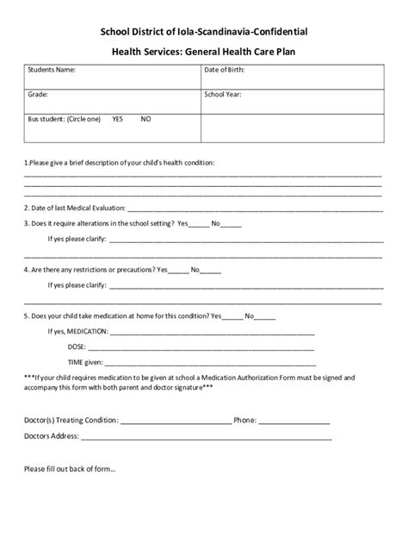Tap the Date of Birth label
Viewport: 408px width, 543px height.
[226, 69]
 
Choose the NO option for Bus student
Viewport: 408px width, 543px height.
[145, 119]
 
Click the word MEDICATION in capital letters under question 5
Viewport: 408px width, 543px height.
[87, 332]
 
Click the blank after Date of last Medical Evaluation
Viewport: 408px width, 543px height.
[254, 208]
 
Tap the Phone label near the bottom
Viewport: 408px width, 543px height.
[244, 421]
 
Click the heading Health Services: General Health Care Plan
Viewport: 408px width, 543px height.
[204, 51]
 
